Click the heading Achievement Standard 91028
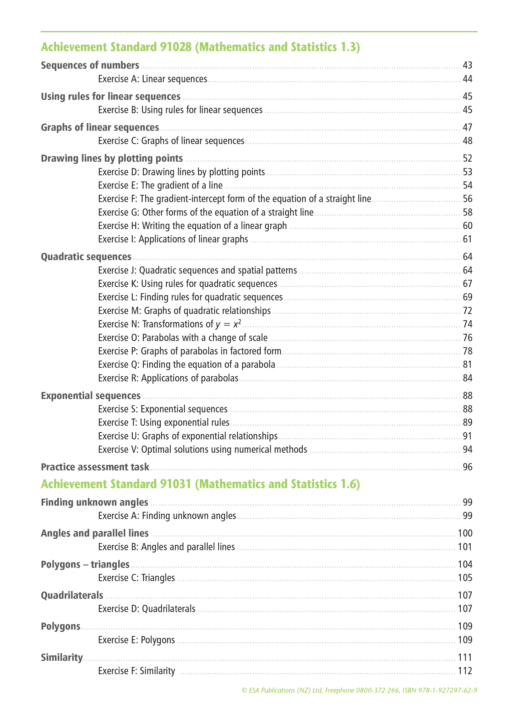(200, 47)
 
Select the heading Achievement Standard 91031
(200, 484)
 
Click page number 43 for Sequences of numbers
(467, 66)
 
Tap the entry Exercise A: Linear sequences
(153, 79)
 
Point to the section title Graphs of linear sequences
(100, 128)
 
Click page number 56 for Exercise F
(467, 199)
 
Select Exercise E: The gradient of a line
(160, 186)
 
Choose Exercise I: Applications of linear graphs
(173, 239)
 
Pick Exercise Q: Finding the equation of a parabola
(187, 365)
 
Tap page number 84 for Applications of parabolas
(467, 379)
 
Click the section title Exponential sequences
(91, 396)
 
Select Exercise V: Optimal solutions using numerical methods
(203, 449)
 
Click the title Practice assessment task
(95, 467)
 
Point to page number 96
(467, 467)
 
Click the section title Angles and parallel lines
(95, 533)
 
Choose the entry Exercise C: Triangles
(137, 578)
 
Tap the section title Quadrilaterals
(72, 595)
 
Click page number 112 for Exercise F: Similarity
(465, 671)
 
